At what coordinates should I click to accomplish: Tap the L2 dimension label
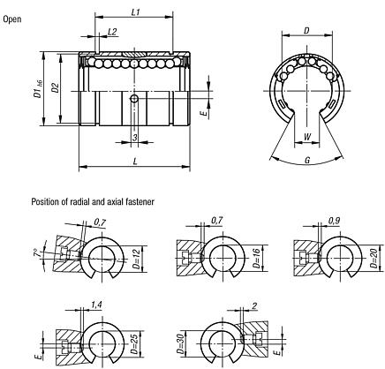[111, 32]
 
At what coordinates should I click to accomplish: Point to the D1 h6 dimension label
[37, 88]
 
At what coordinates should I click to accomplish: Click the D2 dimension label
[54, 88]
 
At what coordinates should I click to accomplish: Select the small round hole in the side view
[134, 100]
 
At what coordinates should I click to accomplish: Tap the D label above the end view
[306, 31]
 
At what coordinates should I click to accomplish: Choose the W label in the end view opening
[306, 136]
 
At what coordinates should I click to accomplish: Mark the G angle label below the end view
[306, 161]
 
